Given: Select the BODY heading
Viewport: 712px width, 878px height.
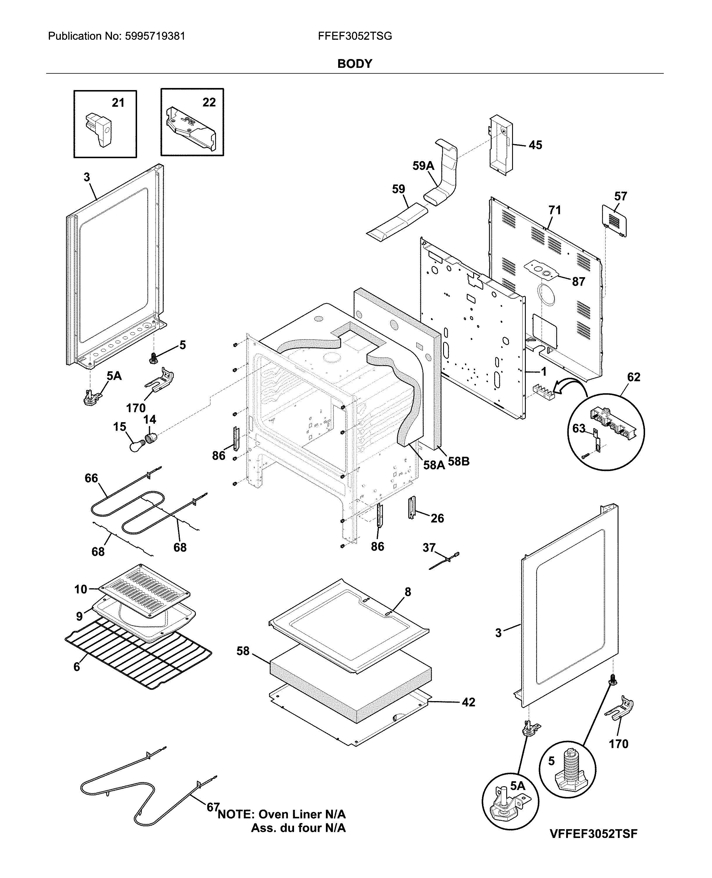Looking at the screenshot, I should pyautogui.click(x=355, y=64).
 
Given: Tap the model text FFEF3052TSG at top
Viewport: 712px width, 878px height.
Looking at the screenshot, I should pyautogui.click(x=355, y=36).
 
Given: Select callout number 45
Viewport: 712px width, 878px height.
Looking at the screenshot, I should pyautogui.click(x=535, y=145).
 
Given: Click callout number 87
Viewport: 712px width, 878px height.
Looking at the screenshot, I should pyautogui.click(x=578, y=282).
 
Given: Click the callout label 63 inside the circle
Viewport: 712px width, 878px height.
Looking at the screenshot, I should pyautogui.click(x=579, y=428).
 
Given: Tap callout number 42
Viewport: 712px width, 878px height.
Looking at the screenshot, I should pyautogui.click(x=468, y=702).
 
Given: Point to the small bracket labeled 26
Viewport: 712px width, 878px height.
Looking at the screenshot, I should pyautogui.click(x=412, y=508).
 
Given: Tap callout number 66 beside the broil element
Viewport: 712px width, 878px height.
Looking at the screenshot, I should pyautogui.click(x=91, y=478).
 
